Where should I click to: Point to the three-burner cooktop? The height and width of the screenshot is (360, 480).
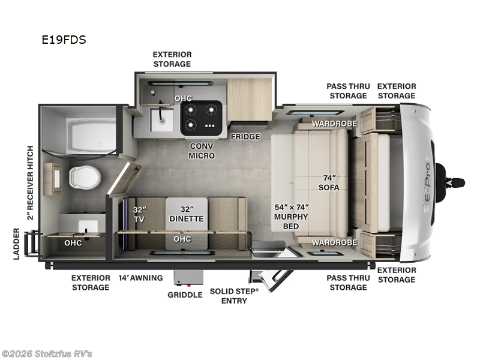201,117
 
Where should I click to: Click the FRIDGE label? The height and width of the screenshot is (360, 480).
245,137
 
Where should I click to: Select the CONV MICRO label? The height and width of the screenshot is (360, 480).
202,151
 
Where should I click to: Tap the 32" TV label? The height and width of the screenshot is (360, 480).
139,214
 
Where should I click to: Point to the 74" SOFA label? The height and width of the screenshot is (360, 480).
329,182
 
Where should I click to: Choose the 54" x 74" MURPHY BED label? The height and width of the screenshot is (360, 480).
291,216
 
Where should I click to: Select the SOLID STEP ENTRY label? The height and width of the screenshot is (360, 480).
234,295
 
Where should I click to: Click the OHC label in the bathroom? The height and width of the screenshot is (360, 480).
73,242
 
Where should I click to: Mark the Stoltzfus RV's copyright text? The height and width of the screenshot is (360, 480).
47,353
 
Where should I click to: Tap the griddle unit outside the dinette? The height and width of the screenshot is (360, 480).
185,277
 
